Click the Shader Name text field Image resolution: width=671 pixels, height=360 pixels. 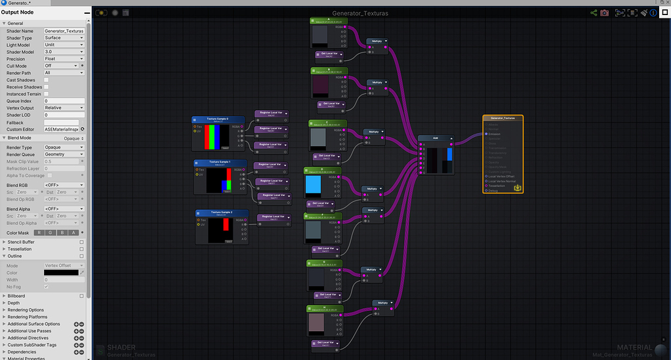(64, 31)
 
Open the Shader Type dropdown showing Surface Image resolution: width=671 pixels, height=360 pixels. (64, 38)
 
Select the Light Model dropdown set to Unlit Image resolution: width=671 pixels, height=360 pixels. (64, 45)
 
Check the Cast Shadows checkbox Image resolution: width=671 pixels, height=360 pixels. (47, 80)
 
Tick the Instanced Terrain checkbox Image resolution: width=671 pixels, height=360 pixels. (47, 94)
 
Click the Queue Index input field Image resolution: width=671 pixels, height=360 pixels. (64, 101)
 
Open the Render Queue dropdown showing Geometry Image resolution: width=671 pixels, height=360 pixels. (64, 154)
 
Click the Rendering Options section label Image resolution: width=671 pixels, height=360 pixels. (26, 310)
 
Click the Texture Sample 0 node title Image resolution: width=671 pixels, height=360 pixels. (218, 119)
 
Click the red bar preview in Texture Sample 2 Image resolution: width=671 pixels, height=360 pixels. (226, 225)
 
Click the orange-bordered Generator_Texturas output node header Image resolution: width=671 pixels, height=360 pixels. (504, 118)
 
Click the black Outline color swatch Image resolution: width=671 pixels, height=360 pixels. (61, 272)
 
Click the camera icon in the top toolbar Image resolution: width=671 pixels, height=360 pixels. (604, 12)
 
